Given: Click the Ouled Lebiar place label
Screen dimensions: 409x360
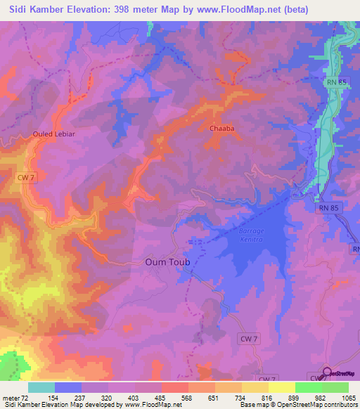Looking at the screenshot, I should click(x=53, y=134).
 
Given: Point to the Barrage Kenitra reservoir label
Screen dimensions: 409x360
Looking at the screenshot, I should click(x=250, y=235).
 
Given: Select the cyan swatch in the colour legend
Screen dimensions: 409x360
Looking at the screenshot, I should click(x=41, y=387).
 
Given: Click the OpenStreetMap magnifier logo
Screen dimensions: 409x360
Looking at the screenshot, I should click(x=327, y=373).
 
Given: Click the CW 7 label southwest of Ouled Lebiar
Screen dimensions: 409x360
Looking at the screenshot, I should click(x=26, y=178).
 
